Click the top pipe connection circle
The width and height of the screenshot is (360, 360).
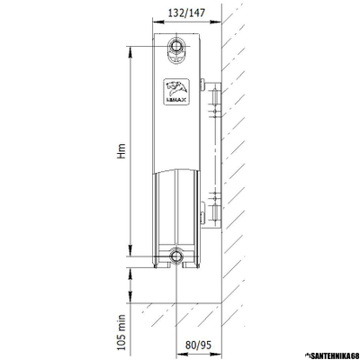177,45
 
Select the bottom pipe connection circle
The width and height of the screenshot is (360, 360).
177,255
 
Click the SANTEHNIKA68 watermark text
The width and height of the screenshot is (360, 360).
331,355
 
